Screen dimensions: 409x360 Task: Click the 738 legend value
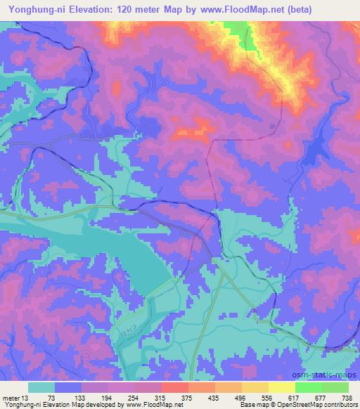pyautogui.click(x=347, y=397)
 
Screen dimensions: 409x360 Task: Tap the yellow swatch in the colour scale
pyautogui.click(x=281, y=387)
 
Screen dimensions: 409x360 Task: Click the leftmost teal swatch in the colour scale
pyautogui.click(x=41, y=387)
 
